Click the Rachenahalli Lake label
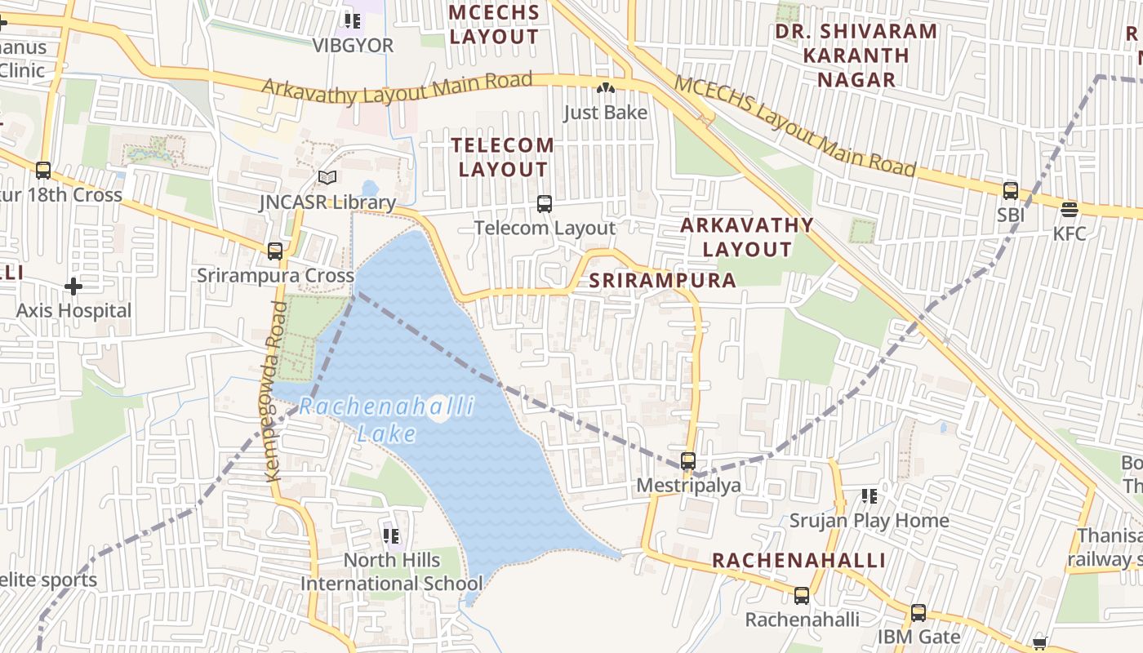386,420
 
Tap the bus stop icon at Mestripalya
688,461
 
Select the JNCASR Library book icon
327,177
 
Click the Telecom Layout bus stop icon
545,204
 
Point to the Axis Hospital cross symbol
73,287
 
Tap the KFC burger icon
1070,210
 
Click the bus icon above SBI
1011,191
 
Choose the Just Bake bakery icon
605,87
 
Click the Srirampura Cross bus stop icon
275,251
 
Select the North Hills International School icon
391,536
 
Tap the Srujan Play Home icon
869,496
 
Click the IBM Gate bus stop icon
918,612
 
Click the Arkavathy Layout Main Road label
397,87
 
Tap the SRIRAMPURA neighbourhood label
662,281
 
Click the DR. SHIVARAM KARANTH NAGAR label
856,56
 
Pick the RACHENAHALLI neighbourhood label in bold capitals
798,561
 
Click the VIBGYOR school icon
353,20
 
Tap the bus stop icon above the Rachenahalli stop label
802,596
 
